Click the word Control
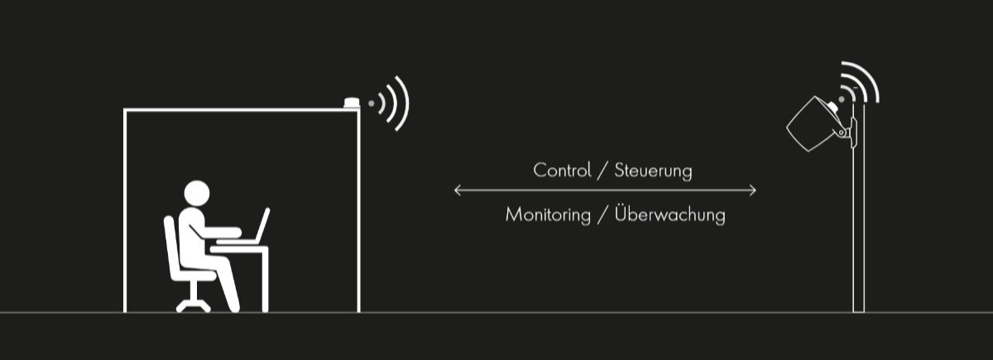562,170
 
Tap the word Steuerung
653,171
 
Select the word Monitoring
548,215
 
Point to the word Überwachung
669,214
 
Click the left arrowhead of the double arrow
458,190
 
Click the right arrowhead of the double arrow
752,190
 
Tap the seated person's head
197,194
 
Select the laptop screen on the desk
262,225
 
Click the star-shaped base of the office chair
194,305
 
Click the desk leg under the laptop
265,281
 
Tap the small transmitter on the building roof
351,103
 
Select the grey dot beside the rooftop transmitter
371,103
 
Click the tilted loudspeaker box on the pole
812,123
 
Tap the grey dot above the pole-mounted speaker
842,99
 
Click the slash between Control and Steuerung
602,171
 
